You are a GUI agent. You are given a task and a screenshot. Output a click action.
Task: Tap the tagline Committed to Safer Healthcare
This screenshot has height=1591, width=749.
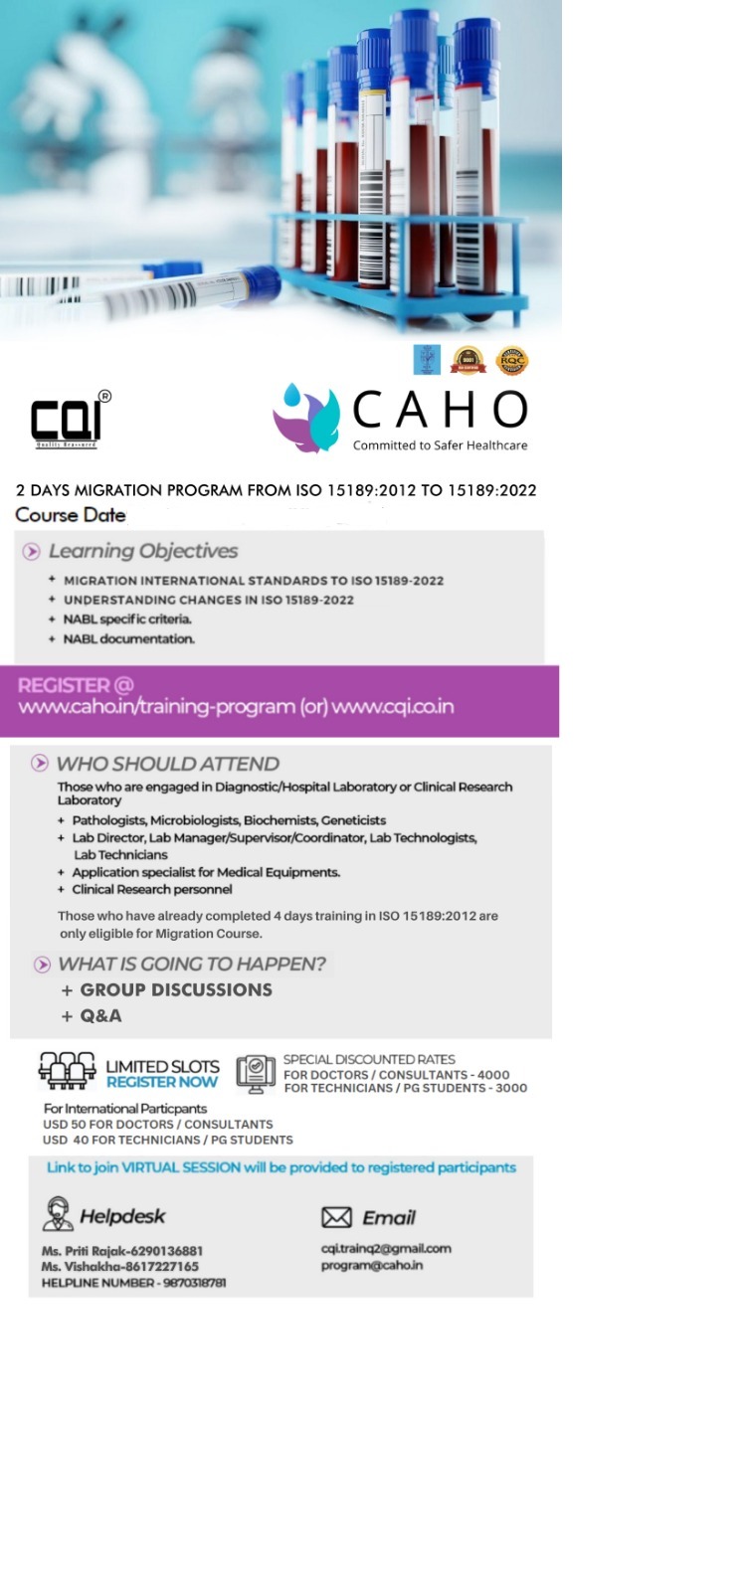click(440, 445)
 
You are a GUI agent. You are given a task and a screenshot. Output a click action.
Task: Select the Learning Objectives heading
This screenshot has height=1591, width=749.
click(142, 551)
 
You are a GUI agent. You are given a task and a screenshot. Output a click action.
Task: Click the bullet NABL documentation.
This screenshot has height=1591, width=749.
click(128, 639)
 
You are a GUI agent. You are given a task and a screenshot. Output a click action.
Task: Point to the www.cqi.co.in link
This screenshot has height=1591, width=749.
click(393, 707)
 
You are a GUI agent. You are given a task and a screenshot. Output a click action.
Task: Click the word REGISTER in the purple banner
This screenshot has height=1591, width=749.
click(64, 685)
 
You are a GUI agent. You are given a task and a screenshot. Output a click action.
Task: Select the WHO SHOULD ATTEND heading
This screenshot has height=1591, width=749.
click(167, 764)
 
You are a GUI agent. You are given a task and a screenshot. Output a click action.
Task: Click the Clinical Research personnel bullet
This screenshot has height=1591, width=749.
click(151, 890)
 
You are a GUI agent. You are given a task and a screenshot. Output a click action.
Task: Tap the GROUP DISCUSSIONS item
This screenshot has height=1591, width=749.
click(175, 990)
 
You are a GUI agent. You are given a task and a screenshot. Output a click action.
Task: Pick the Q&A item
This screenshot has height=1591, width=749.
click(100, 1016)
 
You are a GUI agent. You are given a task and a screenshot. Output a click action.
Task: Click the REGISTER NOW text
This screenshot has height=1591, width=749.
click(161, 1082)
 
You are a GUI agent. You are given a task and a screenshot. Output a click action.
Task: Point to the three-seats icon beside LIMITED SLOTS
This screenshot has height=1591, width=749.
click(67, 1071)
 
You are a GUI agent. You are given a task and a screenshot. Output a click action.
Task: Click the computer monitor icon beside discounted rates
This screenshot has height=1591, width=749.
click(256, 1074)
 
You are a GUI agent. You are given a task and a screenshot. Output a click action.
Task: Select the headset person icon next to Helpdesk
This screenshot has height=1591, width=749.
click(58, 1214)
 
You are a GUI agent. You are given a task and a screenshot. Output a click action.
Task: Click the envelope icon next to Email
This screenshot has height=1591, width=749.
click(336, 1217)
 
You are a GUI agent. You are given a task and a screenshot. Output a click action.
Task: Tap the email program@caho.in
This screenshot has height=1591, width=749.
click(371, 1266)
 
